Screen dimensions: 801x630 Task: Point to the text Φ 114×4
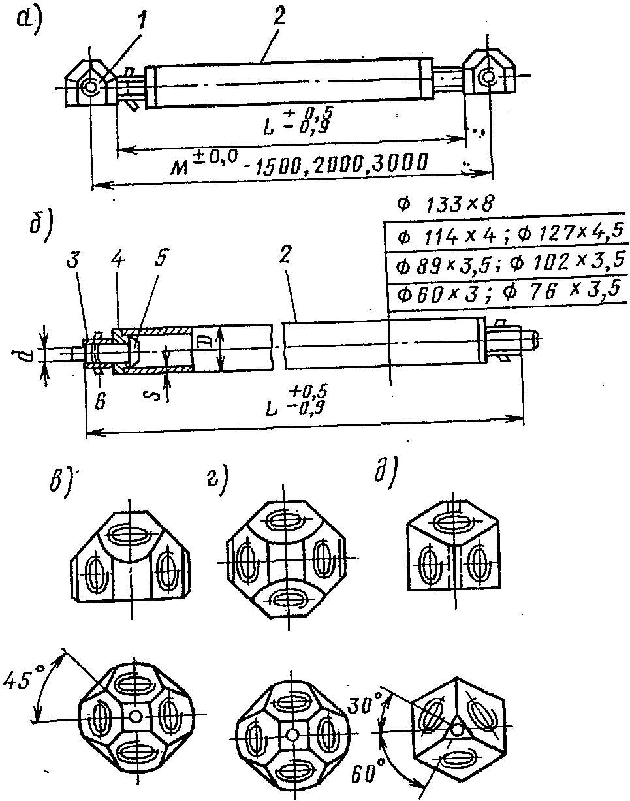point(434,232)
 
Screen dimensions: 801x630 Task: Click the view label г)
point(217,482)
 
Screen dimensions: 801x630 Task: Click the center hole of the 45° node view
point(136,716)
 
